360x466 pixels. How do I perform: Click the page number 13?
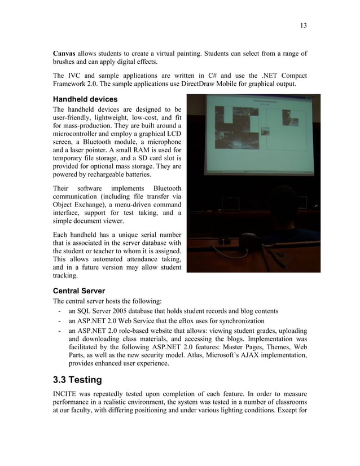point(303,25)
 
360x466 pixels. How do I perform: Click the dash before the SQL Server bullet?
point(59,311)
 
